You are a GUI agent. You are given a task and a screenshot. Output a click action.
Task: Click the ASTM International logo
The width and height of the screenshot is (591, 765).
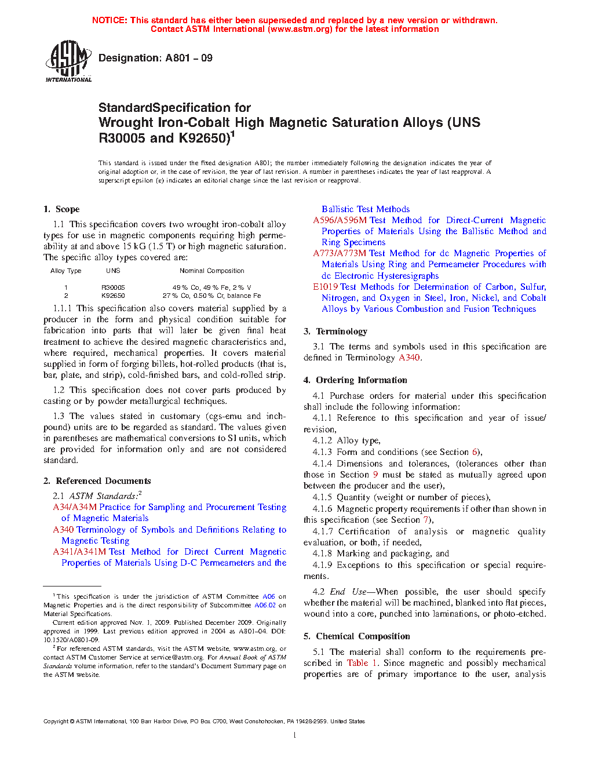coord(68,61)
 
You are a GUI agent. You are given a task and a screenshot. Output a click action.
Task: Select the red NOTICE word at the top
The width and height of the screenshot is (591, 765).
coord(110,20)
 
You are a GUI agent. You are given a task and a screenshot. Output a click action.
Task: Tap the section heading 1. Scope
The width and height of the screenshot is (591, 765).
coord(61,209)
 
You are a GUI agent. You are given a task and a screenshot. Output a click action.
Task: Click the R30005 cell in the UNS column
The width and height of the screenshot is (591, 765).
coord(113,287)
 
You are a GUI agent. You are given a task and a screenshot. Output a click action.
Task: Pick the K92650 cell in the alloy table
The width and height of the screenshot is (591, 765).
coord(113,296)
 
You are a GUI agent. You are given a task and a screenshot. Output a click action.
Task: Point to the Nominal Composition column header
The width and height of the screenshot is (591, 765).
coord(211,271)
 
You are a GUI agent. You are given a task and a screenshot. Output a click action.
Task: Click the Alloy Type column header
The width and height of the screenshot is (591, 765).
coord(65,271)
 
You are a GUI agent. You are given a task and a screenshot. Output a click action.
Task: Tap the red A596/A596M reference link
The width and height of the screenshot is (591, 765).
coord(340,220)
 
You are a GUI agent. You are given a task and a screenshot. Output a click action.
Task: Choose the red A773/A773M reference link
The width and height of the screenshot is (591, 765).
coord(340,253)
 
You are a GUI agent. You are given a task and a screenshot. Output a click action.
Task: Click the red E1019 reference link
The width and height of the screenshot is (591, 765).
coord(325,287)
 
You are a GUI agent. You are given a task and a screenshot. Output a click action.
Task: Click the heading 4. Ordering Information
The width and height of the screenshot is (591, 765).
coord(355,380)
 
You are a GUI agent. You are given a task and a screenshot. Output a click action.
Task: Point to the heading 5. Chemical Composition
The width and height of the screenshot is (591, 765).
coord(356,636)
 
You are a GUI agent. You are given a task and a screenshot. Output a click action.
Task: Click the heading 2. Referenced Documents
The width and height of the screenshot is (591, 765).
coord(97,481)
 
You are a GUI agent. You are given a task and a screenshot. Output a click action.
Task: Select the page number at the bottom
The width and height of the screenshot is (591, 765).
coord(295,735)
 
